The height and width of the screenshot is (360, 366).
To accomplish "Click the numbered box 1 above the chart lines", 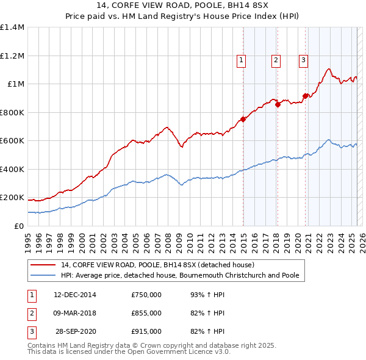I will click(242, 60).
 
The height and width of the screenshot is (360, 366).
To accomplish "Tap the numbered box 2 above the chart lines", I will click(276, 60).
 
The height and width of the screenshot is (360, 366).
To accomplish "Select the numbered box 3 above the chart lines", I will click(303, 60).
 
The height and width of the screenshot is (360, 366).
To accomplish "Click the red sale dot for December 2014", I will click(243, 120).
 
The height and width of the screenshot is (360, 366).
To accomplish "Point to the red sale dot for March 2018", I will click(278, 104).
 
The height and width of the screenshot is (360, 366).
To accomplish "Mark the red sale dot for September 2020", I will click(305, 96).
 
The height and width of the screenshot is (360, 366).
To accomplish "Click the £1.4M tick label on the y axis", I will click(12, 27).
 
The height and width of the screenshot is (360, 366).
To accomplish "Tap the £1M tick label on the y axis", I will click(16, 84).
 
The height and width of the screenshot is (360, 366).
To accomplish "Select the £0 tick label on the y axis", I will click(20, 226).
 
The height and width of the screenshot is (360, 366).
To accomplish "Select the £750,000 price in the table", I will click(146, 295).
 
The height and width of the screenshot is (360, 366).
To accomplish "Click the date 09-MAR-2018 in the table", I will click(75, 313).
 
